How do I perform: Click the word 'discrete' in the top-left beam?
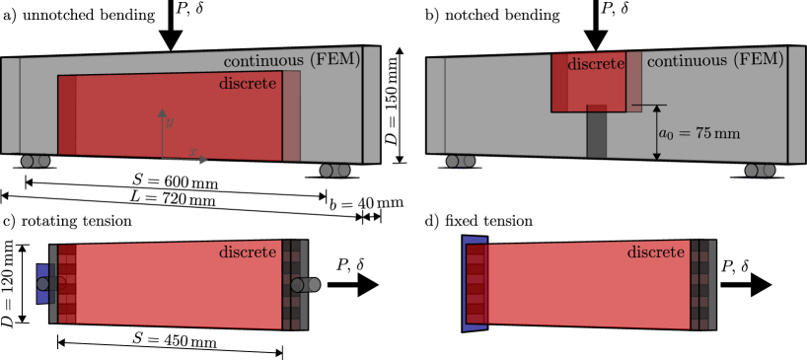(247, 84)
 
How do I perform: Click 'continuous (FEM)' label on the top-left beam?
(291, 60)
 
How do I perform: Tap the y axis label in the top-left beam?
(170, 121)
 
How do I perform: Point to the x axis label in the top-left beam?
(194, 151)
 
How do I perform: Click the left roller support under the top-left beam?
(36, 161)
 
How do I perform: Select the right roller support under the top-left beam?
(334, 171)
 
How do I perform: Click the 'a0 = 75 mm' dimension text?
(698, 133)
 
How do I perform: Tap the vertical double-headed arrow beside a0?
(656, 132)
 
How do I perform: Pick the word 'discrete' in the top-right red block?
(596, 64)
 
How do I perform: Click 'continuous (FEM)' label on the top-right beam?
(715, 60)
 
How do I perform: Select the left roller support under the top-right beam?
(460, 161)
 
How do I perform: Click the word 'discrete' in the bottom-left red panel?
(247, 252)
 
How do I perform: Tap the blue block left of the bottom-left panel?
(42, 284)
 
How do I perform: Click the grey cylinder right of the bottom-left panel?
(305, 285)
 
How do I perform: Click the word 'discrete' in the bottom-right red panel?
(655, 252)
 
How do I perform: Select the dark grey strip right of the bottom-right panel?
(702, 285)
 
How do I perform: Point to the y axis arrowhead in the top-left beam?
(161, 111)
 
